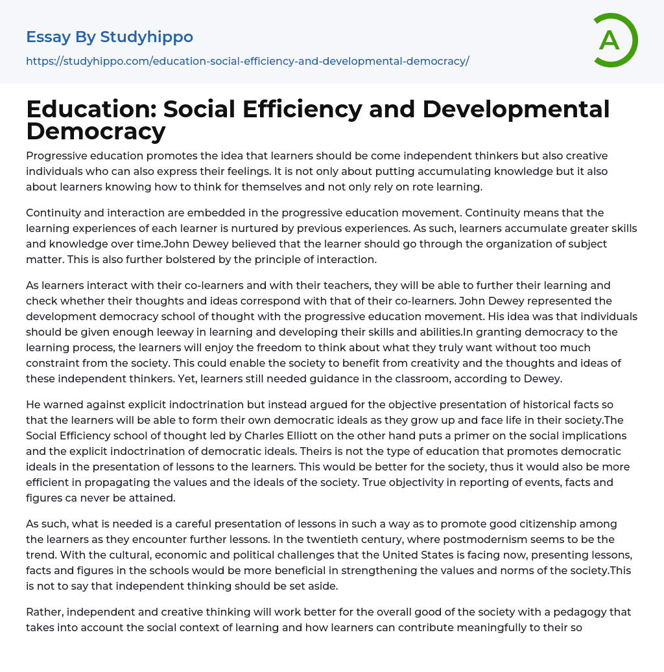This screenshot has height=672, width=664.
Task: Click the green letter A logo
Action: pyautogui.click(x=615, y=40)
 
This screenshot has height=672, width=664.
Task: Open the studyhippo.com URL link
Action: pyautogui.click(x=247, y=62)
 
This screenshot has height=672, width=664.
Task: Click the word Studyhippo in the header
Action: pyautogui.click(x=147, y=37)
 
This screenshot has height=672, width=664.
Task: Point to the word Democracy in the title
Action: pyautogui.click(x=96, y=131)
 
